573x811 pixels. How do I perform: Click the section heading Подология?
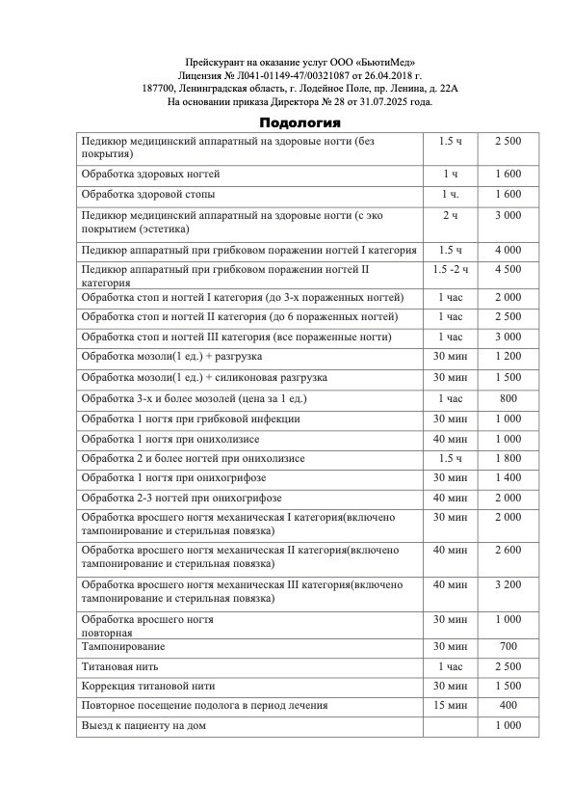click(x=300, y=122)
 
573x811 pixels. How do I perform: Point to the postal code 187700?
click(x=160, y=87)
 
